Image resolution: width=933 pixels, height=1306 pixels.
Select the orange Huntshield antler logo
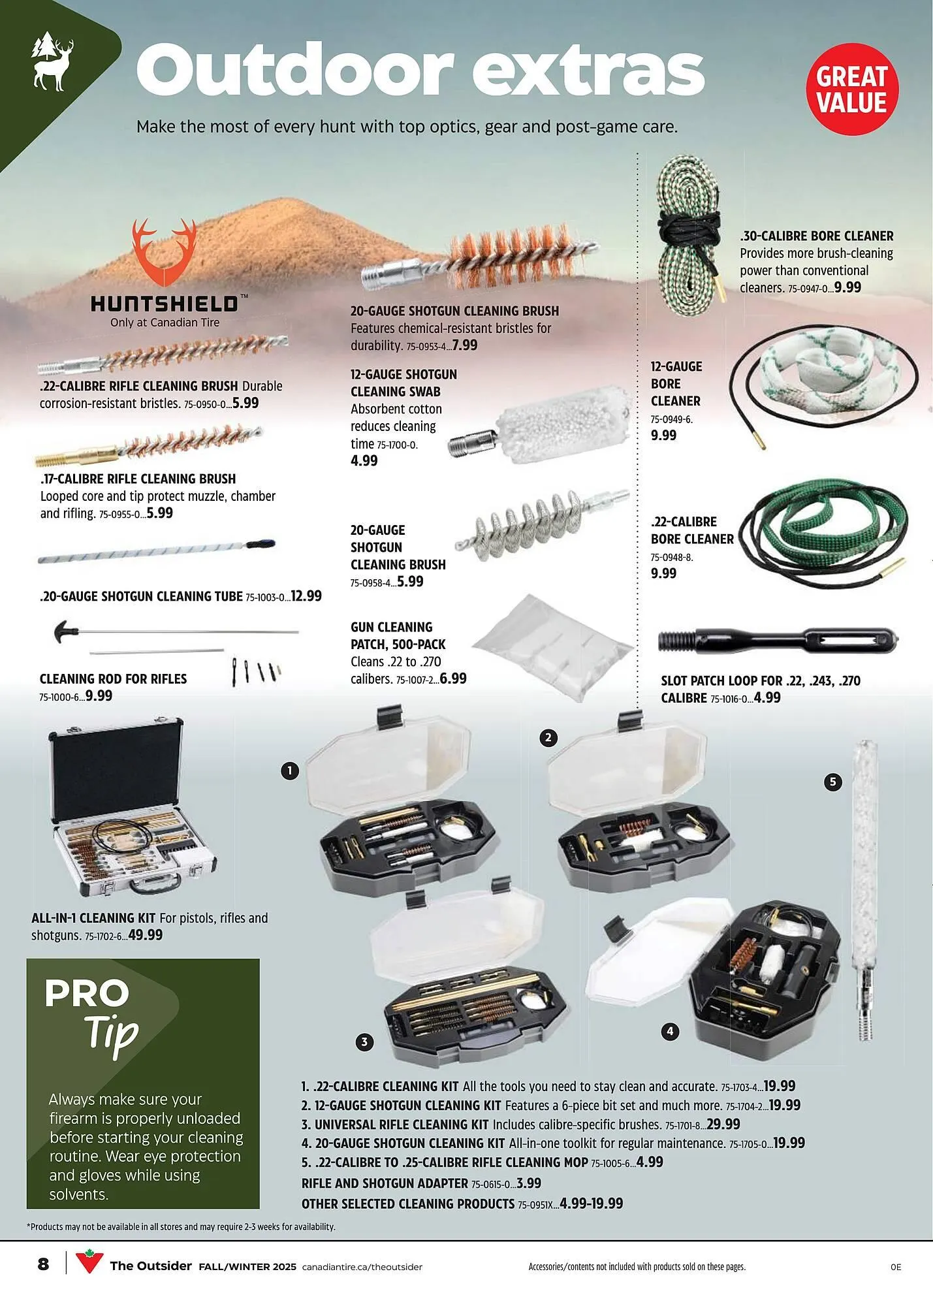pos(164,252)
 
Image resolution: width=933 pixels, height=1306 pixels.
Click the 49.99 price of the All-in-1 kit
pos(146,935)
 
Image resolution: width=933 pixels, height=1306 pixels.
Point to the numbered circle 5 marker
pos(832,782)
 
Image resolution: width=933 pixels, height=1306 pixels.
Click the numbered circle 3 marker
pos(364,1042)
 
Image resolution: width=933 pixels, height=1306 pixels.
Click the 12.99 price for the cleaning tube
pos(306,596)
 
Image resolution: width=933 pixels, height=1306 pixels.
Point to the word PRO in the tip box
pos(87,994)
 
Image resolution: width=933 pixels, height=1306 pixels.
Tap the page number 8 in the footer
pos(43,1264)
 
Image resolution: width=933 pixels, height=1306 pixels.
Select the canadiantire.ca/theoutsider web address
pos(362,1267)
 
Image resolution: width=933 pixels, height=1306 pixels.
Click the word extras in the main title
pos(588,71)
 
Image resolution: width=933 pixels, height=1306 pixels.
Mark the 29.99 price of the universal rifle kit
pos(723,1124)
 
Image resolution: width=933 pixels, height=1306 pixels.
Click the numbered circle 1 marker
pos(290,771)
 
